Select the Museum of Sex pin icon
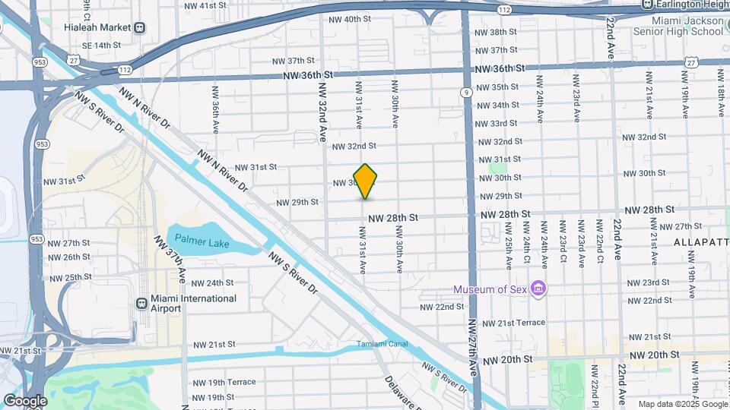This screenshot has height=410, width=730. (x=538, y=289)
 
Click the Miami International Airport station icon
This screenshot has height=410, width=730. (x=141, y=304)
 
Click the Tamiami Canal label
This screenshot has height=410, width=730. (x=382, y=345)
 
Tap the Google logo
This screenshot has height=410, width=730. (x=24, y=401)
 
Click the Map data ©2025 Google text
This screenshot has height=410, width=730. (x=682, y=404)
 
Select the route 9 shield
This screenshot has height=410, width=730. (x=464, y=93)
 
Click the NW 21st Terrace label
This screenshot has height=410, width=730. (x=514, y=323)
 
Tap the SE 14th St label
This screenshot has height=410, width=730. (x=101, y=45)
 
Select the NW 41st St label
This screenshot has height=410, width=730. (x=205, y=5)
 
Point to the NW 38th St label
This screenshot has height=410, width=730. (x=496, y=32)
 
